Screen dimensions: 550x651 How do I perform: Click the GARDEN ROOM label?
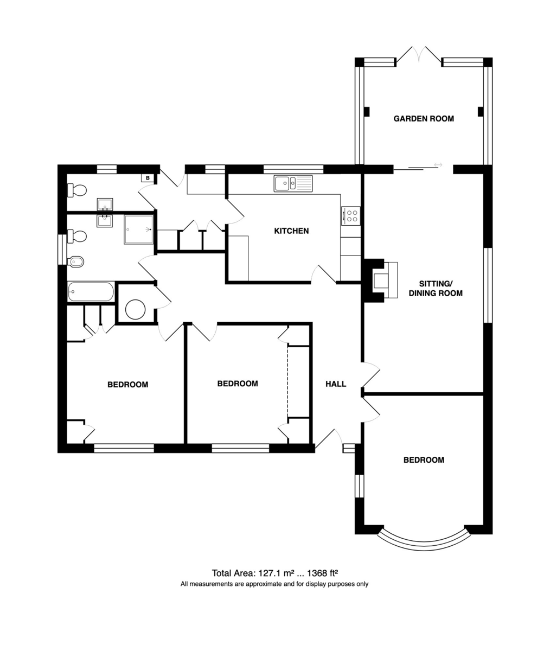coord(424,118)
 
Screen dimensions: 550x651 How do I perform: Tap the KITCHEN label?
coord(291,231)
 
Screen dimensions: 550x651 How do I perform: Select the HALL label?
coord(336,384)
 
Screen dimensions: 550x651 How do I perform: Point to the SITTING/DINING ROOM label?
coord(436,289)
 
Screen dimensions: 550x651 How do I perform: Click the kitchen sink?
coord(293,183)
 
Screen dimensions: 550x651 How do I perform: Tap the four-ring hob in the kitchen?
coord(351,216)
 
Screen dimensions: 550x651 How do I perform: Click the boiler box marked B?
coord(148,178)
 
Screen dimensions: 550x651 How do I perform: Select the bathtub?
coord(91,292)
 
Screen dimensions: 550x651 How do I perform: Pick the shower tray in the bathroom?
coord(139,229)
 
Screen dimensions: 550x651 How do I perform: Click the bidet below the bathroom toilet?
coord(76,262)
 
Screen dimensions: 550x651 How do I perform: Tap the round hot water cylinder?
coord(135,309)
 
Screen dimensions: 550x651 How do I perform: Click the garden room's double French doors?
coord(419,55)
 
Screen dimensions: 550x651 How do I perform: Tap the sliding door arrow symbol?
coord(438,164)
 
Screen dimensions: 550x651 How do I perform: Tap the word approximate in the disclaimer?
coord(264,584)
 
